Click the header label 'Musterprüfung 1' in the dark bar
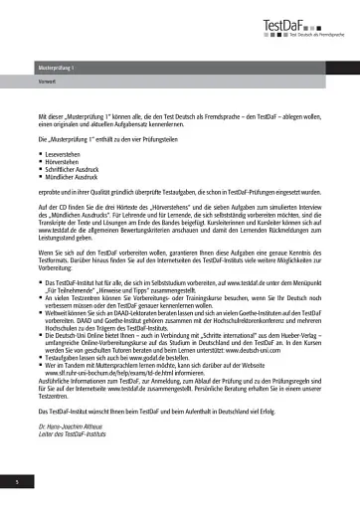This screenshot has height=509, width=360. tap(58, 68)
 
